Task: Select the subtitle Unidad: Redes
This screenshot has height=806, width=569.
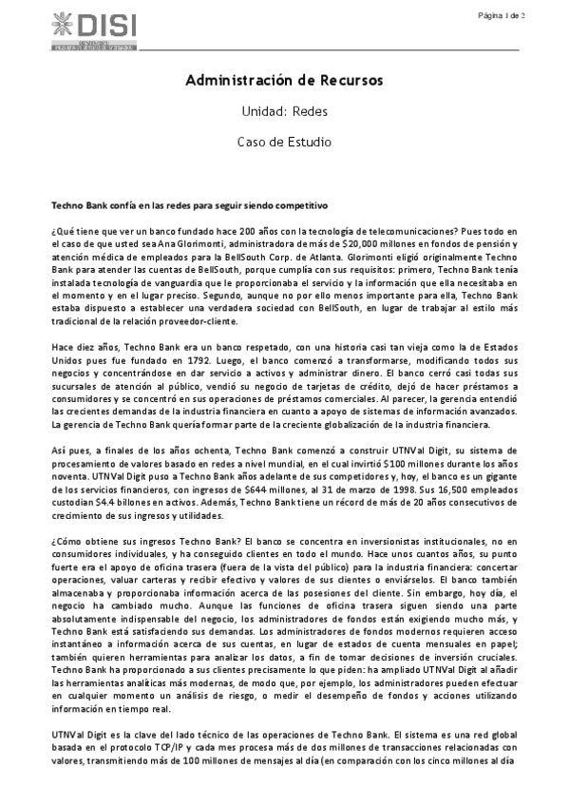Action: click(284, 110)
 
